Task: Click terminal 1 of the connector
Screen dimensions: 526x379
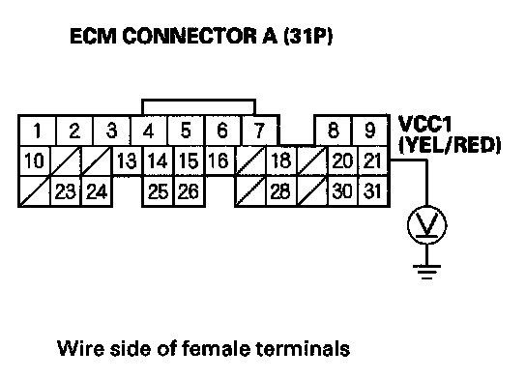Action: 38,131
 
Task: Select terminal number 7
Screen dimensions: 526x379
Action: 260,131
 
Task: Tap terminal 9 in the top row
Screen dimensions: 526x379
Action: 369,131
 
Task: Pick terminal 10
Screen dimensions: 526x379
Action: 34,160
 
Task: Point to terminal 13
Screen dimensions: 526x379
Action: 127,160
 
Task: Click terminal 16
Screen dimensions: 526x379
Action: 219,160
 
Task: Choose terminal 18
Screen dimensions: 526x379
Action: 280,160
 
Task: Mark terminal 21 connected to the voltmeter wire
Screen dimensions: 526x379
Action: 373,160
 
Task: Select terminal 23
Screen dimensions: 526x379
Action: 65,191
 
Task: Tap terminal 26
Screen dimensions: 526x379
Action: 190,191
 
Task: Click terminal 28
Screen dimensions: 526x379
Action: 280,191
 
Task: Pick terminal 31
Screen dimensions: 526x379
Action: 373,191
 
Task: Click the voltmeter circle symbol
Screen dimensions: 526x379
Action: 427,225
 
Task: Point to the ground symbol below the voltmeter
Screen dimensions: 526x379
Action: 427,272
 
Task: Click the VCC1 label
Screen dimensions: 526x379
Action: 424,124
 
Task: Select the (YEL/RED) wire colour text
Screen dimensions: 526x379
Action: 450,145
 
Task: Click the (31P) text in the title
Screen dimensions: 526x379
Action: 307,36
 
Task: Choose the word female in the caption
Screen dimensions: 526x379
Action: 216,348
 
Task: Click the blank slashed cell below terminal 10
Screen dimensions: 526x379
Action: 34,191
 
